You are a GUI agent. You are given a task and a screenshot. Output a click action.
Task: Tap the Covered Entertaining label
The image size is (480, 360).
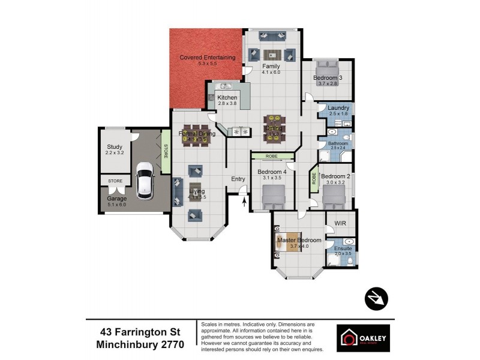[207, 57]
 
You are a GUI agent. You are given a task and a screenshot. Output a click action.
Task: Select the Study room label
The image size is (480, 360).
[114, 146]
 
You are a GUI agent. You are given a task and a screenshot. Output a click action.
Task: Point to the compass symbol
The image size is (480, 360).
[376, 298]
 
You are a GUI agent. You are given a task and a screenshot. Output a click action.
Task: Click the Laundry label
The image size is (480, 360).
[338, 108]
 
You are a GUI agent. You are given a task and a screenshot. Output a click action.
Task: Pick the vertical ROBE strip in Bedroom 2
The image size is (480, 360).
[313, 181]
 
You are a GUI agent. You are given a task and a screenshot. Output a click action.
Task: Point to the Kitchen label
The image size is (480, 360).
[227, 98]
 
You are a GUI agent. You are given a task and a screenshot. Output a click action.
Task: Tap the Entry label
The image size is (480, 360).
[238, 179]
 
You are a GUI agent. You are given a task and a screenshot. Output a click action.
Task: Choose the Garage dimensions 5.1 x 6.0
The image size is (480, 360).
[117, 205]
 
